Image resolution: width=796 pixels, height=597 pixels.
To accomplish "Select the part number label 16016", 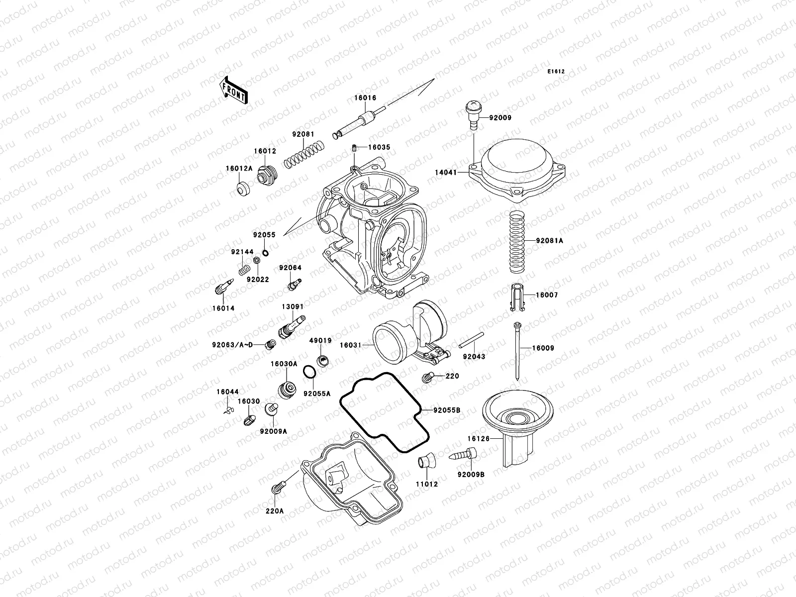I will click(x=365, y=99).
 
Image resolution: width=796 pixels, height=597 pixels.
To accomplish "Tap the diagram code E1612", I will click(x=556, y=72).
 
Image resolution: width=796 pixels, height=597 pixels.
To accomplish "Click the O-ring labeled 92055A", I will click(x=309, y=372).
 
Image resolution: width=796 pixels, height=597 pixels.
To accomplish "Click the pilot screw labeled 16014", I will click(x=222, y=287).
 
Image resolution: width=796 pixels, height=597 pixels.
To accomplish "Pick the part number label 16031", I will click(x=350, y=345).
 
